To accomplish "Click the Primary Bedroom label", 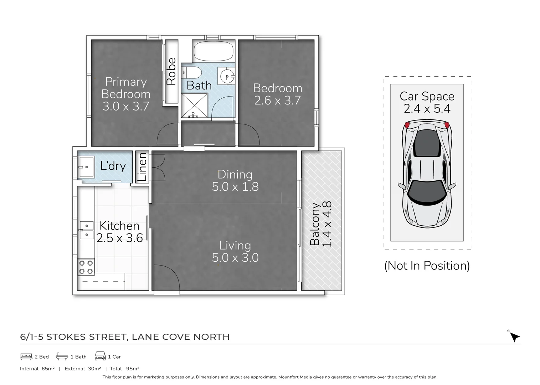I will pyautogui.click(x=126, y=88).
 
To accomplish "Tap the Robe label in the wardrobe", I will pyautogui.click(x=171, y=71).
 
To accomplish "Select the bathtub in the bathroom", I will pyautogui.click(x=213, y=51).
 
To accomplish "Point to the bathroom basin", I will pyautogui.click(x=226, y=76).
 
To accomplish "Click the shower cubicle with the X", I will pyautogui.click(x=194, y=106).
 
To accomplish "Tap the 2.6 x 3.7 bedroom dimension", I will pyautogui.click(x=277, y=101).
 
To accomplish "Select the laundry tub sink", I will pyautogui.click(x=86, y=167).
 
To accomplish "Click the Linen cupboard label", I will pyautogui.click(x=142, y=167).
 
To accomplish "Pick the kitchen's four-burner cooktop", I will pyautogui.click(x=86, y=267).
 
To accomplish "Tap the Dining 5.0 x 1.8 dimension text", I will pyautogui.click(x=235, y=186).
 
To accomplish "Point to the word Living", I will pyautogui.click(x=235, y=245).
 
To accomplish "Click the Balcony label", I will pyautogui.click(x=314, y=224).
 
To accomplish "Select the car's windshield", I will pyautogui.click(x=426, y=191).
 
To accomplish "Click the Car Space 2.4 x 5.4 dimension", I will pyautogui.click(x=427, y=108).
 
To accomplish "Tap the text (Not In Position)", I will pyautogui.click(x=427, y=266).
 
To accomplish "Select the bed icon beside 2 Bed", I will pyautogui.click(x=26, y=356).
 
